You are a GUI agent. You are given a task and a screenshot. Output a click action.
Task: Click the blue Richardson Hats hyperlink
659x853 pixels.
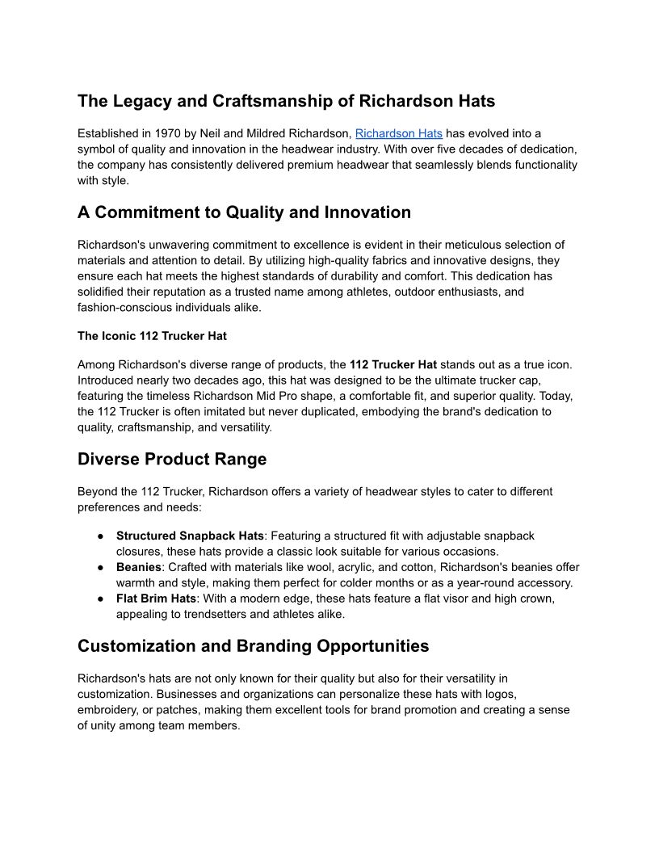pos(399,133)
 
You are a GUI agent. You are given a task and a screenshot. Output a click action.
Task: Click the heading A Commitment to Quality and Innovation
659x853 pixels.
pos(244,212)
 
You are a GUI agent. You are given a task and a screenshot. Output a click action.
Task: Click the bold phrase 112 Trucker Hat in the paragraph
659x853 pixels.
pos(393,364)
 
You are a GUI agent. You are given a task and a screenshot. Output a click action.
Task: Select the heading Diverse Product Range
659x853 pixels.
pos(172,459)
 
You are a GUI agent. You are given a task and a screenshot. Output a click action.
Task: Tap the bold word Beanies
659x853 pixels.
pos(139,568)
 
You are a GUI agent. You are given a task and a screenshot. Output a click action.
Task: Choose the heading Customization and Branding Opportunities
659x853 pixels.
pos(253,646)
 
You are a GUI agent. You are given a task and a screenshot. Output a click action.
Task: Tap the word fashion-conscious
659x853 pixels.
pos(127,307)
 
